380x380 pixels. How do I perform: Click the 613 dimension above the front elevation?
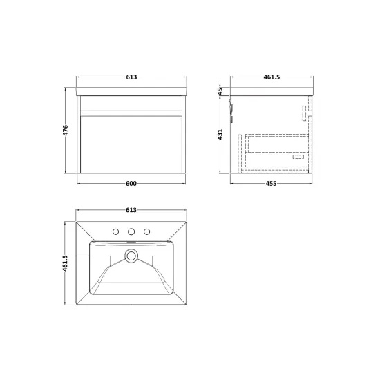[x=131, y=77]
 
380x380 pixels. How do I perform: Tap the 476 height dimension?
[x=66, y=130]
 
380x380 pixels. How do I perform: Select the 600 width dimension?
[x=131, y=184]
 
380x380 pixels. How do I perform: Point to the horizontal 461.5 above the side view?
[x=272, y=77]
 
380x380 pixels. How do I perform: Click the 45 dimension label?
[x=220, y=91]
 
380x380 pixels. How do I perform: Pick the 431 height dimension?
[x=220, y=134]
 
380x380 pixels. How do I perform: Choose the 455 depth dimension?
[x=271, y=184]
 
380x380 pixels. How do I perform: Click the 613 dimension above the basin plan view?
[x=131, y=210]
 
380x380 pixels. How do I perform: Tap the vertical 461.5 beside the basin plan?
[x=65, y=263]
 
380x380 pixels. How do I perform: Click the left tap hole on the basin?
[x=116, y=232]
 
